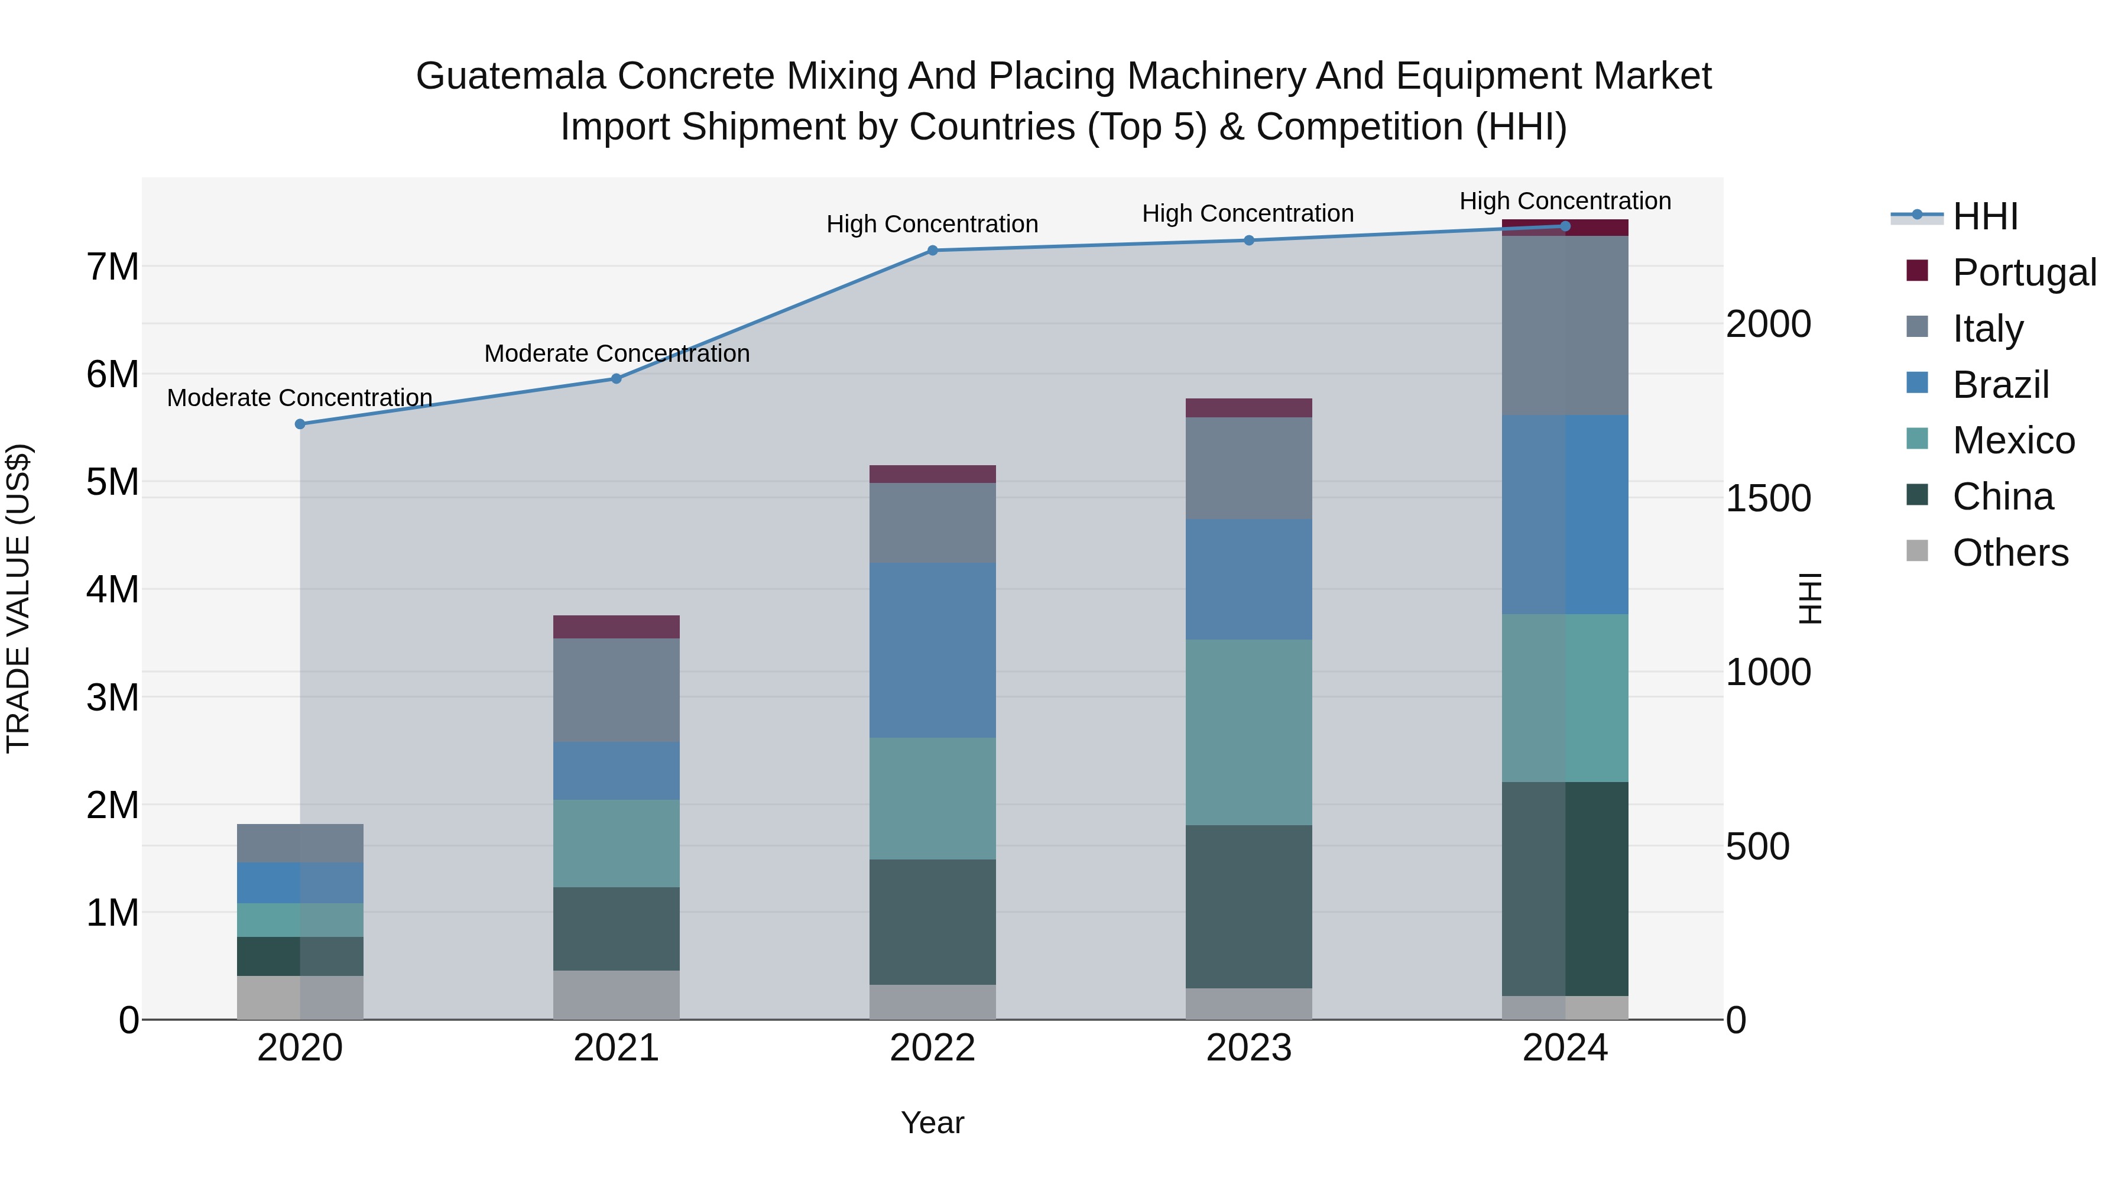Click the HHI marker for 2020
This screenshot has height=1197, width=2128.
click(300, 424)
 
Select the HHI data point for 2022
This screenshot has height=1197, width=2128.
click(933, 250)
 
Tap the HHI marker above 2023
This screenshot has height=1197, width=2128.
click(1249, 241)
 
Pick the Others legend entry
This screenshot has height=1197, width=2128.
click(2009, 552)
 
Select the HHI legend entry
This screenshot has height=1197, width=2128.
click(1984, 216)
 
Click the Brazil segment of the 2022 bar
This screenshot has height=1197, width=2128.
click(933, 650)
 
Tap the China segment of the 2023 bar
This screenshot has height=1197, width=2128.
click(1249, 906)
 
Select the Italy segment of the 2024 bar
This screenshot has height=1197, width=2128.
click(1565, 326)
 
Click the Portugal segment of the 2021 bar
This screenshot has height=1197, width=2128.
click(617, 627)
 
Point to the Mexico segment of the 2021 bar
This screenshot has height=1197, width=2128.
click(617, 844)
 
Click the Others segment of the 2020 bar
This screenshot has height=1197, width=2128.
click(300, 997)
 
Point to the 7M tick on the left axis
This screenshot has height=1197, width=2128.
click(112, 267)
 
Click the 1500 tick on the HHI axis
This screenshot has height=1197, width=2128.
click(1768, 498)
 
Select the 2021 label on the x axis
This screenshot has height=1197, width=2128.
click(617, 1048)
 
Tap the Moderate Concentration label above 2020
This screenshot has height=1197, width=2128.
click(300, 398)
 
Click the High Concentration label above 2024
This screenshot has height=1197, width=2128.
click(1565, 202)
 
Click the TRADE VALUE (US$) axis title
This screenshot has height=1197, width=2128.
click(18, 598)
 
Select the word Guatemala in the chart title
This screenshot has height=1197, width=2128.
click(511, 76)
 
